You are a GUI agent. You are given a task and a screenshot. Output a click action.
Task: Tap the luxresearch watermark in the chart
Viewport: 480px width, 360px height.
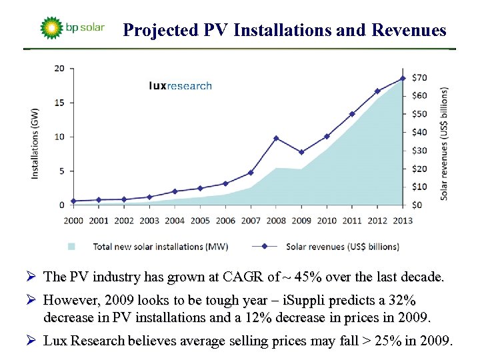(180, 85)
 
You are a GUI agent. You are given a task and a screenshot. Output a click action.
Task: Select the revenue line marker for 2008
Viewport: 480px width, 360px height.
(276, 138)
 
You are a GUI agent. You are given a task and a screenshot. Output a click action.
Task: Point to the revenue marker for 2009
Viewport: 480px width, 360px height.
(301, 152)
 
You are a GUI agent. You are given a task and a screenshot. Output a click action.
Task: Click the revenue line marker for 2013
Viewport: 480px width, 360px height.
(402, 78)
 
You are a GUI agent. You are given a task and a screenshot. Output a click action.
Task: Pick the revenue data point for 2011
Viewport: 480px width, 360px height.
(352, 114)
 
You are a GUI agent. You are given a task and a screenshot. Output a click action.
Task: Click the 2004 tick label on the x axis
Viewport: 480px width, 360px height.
(175, 221)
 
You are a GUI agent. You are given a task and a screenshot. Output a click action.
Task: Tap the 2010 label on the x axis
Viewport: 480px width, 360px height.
(327, 221)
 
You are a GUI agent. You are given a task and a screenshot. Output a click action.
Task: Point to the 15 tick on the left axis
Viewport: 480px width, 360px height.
(60, 103)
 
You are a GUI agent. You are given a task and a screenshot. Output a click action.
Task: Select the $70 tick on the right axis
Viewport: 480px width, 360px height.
(420, 77)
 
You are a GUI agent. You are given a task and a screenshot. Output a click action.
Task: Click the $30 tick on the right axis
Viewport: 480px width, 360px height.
(420, 150)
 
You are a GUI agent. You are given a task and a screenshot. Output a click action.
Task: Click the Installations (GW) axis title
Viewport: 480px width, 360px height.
(35, 143)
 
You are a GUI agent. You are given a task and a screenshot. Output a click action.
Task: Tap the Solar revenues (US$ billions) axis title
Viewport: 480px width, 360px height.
(444, 143)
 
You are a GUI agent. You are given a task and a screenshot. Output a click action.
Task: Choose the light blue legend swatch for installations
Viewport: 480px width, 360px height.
(71, 246)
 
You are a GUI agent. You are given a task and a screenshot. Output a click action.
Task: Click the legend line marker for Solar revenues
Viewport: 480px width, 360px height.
(265, 246)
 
